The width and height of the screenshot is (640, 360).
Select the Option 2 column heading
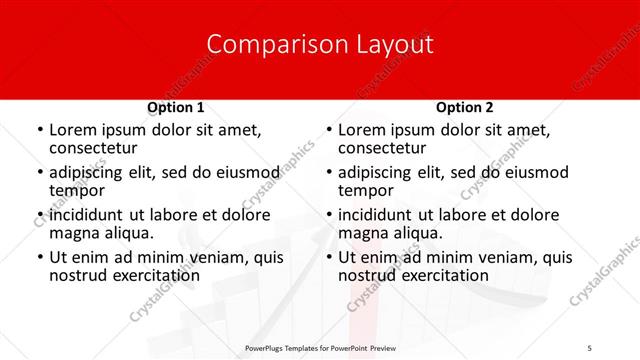click(x=464, y=106)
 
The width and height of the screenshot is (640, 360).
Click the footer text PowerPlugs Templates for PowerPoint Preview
click(x=321, y=347)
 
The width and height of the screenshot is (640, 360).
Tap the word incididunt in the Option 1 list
click(x=89, y=215)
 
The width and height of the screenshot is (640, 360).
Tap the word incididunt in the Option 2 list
click(x=378, y=215)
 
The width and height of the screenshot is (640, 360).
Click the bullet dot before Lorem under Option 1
click(x=39, y=130)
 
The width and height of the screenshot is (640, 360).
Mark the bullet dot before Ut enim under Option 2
click(x=328, y=258)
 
